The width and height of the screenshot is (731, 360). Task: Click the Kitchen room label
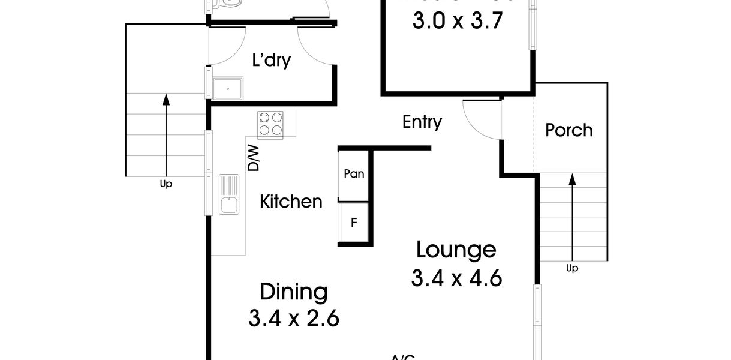[291, 202]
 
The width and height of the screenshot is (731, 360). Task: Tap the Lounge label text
[456, 249]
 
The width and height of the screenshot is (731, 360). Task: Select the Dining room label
[294, 292]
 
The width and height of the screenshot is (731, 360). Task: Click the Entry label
[422, 122]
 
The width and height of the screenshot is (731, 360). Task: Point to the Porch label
[568, 130]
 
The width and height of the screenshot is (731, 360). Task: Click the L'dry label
[271, 60]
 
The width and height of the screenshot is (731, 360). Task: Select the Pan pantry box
[354, 175]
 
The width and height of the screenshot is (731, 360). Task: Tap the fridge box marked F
[354, 223]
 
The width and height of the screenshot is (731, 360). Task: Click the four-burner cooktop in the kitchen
[270, 124]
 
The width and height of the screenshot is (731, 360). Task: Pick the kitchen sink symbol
[228, 195]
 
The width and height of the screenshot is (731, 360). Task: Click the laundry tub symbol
[228, 89]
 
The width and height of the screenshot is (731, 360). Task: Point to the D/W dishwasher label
[254, 158]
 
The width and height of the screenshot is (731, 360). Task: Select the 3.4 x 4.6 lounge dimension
[456, 278]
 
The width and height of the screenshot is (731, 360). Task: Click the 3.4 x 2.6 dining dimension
[294, 318]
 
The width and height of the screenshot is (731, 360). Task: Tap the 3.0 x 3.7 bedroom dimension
[456, 21]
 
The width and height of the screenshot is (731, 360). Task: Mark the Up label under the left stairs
[166, 184]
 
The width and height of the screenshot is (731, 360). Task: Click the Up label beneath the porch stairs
[572, 268]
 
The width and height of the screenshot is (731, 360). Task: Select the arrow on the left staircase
[166, 132]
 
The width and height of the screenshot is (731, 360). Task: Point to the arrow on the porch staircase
[572, 216]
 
